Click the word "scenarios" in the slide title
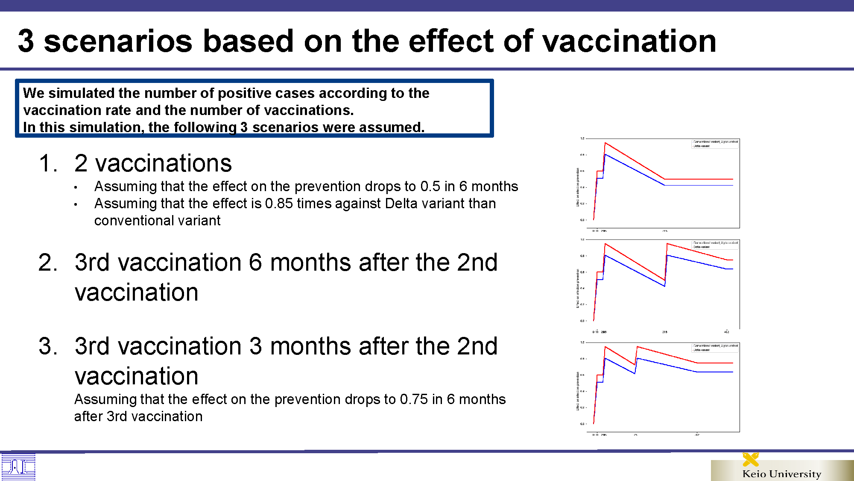[x=118, y=41]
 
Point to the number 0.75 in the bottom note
[x=414, y=399]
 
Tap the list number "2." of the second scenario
[x=48, y=263]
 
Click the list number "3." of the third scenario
[x=48, y=346]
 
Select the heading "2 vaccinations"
[x=153, y=163]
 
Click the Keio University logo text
[x=781, y=474]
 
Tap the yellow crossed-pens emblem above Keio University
[x=750, y=459]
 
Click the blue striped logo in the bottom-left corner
[x=18, y=467]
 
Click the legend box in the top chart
[x=715, y=144]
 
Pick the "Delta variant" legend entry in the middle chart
[x=701, y=247]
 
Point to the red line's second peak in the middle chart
[x=667, y=244]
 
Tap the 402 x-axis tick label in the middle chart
[x=726, y=332]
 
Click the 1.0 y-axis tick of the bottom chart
[x=582, y=342]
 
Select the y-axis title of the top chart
[x=578, y=187]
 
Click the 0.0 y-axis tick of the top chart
[x=582, y=220]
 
